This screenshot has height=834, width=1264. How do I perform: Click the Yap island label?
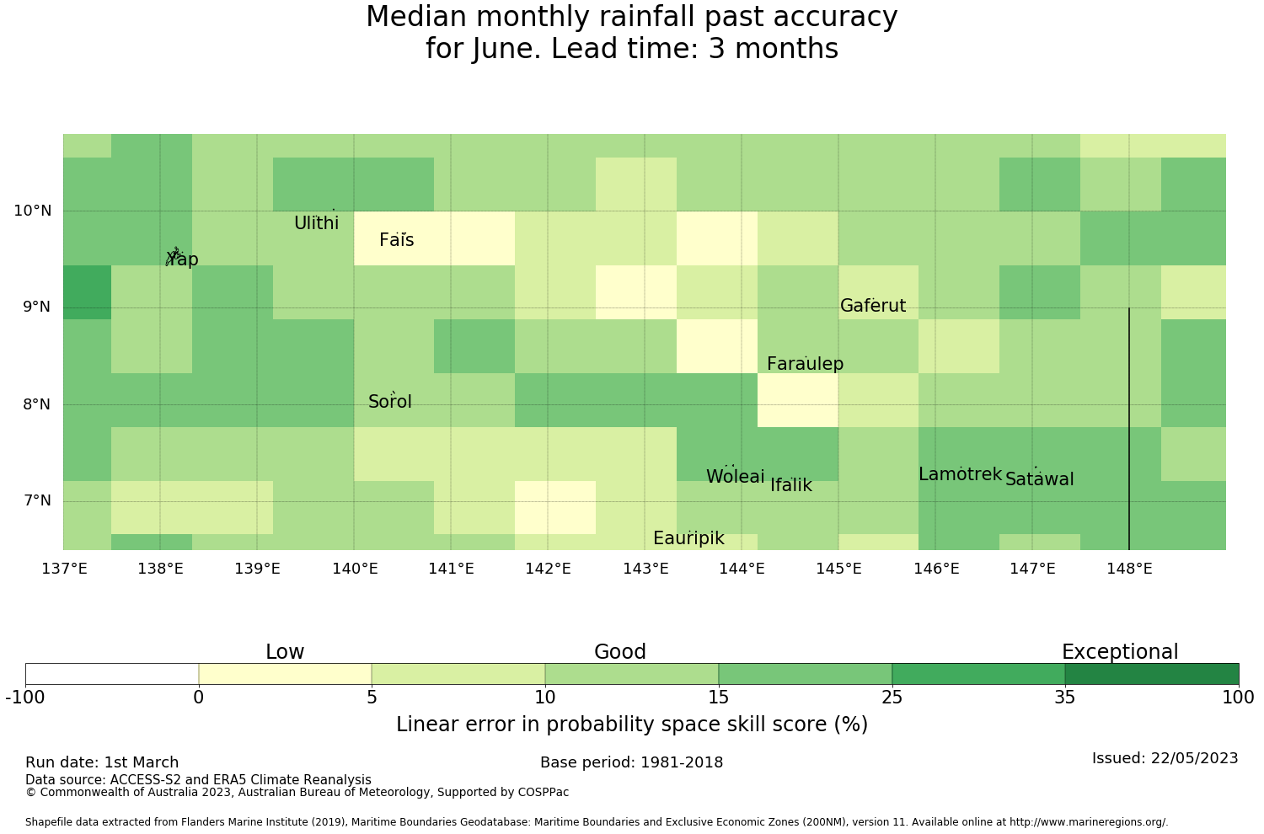click(182, 259)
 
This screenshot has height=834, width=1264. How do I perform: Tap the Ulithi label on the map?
click(316, 223)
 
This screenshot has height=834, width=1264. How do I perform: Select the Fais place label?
click(396, 240)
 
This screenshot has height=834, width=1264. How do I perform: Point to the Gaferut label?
click(873, 306)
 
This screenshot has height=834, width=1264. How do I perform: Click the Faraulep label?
click(805, 364)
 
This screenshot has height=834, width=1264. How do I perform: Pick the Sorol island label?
click(389, 402)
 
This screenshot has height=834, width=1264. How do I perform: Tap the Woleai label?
click(735, 477)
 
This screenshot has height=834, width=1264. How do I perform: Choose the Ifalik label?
click(790, 485)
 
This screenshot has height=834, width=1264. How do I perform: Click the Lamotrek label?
click(960, 474)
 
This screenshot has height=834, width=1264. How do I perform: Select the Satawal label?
click(1039, 479)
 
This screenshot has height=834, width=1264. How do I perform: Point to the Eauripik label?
click(688, 538)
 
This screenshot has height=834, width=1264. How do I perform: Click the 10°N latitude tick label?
click(32, 211)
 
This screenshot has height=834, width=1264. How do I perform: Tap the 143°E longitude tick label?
click(645, 569)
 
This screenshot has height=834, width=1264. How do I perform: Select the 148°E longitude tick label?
click(1129, 569)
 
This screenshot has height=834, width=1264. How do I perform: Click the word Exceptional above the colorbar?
click(1119, 652)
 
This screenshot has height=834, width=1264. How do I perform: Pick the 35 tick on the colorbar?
click(1065, 697)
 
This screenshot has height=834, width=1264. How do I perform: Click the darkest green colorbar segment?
click(1151, 674)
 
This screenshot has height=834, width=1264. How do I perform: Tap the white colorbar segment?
click(112, 674)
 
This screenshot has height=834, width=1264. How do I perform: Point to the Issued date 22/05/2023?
click(1165, 758)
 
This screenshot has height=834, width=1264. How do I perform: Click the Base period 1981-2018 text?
click(631, 762)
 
